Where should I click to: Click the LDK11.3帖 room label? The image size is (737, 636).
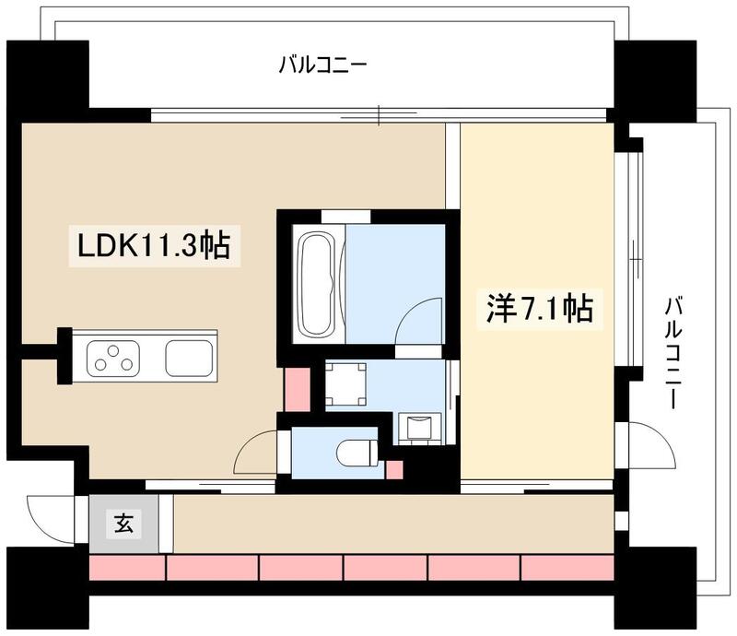[153, 246]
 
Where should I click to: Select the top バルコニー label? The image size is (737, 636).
[322, 65]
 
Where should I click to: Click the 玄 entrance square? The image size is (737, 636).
[123, 524]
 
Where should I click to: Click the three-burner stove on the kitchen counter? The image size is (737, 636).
[113, 357]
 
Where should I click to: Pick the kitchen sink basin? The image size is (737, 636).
[189, 357]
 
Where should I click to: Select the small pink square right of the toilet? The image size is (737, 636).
[394, 469]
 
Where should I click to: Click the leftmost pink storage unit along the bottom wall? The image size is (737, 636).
[126, 567]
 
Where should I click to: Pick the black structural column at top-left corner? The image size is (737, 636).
[48, 79]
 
